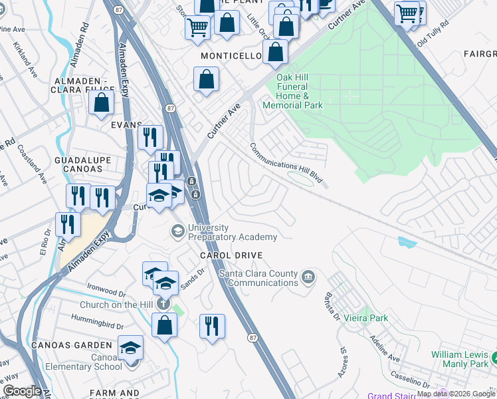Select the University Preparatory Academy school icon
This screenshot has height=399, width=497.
[x=177, y=231]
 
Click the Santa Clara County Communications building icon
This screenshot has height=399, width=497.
[x=308, y=276]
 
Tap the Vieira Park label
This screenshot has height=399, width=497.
[x=370, y=319]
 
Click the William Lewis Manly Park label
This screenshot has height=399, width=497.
[x=459, y=360]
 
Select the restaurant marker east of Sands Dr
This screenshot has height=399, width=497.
[x=212, y=326]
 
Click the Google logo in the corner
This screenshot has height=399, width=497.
[x=22, y=391]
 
